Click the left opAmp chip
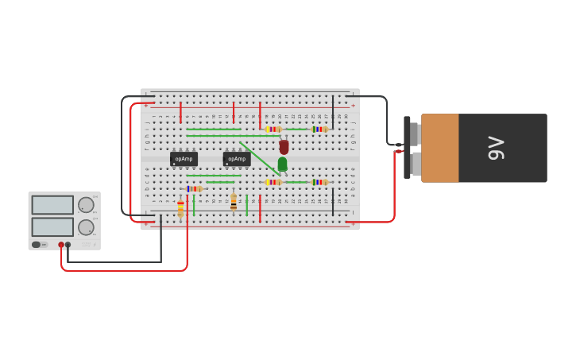pos(184,159)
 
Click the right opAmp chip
pos(237,159)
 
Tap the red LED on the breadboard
pos(284,147)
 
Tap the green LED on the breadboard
pos(282,164)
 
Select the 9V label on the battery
pos(496,148)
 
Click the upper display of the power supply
pos(52,205)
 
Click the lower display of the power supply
pos(52,226)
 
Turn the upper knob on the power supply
pos(86,205)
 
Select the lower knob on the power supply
pos(86,227)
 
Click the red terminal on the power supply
pos(61,245)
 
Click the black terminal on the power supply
pos(68,245)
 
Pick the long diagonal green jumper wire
pos(258,157)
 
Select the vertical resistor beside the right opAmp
pos(234,202)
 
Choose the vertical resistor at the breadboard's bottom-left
pos(180,208)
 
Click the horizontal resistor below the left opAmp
pos(195,188)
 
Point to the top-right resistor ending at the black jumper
pos(319,130)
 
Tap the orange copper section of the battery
pos(439,148)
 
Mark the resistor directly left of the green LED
pos(273,182)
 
